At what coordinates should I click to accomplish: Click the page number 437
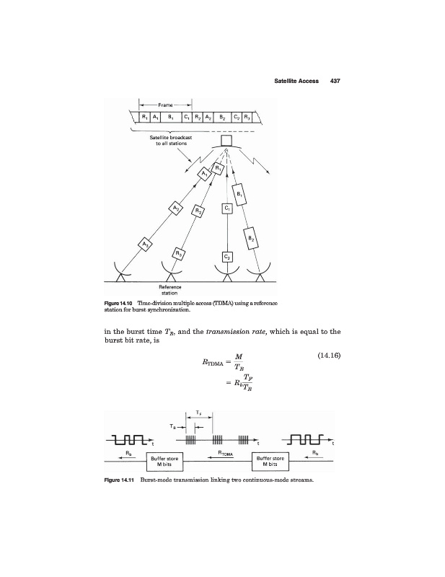[x=334, y=81]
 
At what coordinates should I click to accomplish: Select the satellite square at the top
[x=226, y=141]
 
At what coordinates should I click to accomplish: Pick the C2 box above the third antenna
[x=227, y=256]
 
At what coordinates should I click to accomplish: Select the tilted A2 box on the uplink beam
[x=176, y=208]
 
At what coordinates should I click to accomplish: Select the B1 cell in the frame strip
[x=169, y=116]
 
